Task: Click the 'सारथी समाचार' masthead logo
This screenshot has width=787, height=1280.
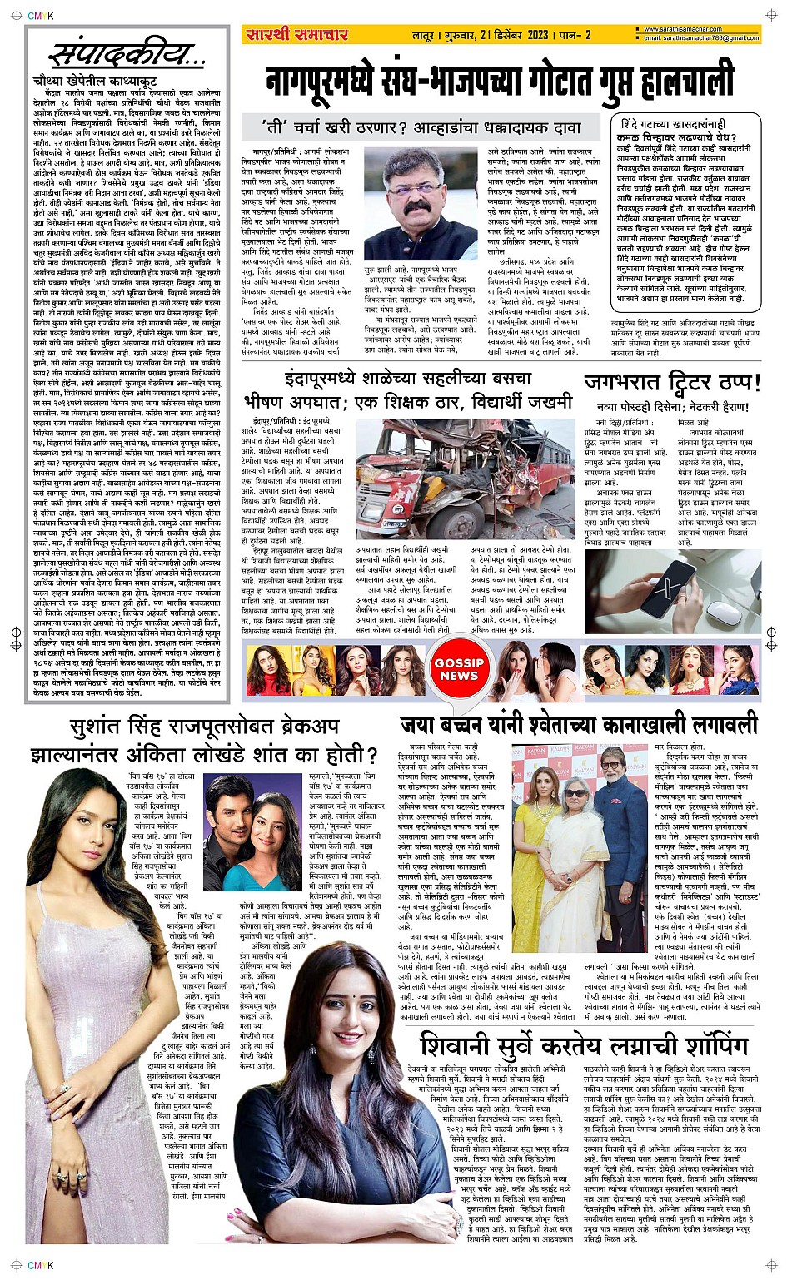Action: [296, 34]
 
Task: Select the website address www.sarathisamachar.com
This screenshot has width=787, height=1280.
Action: [688, 30]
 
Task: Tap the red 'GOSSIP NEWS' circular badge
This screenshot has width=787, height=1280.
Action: [458, 670]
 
